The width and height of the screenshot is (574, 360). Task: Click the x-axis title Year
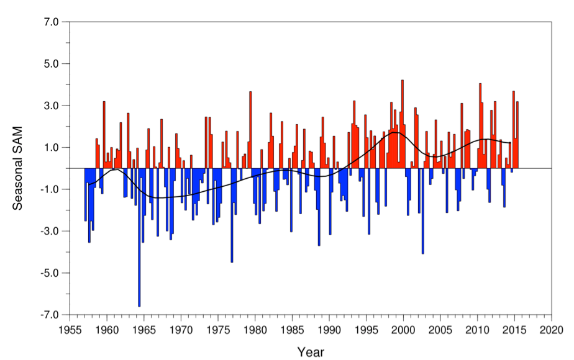(310, 352)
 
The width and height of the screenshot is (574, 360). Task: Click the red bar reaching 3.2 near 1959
(104, 133)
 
